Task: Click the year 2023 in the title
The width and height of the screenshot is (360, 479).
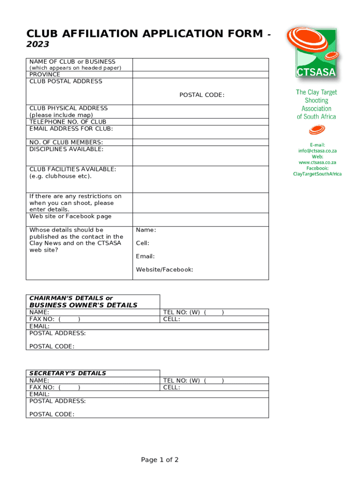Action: pyautogui.click(x=38, y=44)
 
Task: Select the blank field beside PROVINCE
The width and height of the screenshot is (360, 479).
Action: pyautogui.click(x=201, y=74)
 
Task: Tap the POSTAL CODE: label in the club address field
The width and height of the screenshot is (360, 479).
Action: pyautogui.click(x=202, y=95)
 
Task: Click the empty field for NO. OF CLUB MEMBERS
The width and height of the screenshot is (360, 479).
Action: pyautogui.click(x=201, y=142)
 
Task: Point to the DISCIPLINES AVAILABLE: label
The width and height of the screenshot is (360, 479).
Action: pyautogui.click(x=66, y=149)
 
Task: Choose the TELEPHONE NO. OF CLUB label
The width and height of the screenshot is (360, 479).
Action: pyautogui.click(x=68, y=122)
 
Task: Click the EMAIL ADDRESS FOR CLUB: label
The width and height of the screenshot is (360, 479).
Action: pyautogui.click(x=71, y=129)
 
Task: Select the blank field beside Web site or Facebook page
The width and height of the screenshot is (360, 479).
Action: pyautogui.click(x=201, y=219)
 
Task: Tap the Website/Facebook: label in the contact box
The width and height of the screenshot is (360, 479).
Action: pyautogui.click(x=164, y=269)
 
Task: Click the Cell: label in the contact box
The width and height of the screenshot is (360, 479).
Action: pyautogui.click(x=143, y=243)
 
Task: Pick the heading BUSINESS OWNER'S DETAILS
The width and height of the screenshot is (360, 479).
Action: pyautogui.click(x=83, y=305)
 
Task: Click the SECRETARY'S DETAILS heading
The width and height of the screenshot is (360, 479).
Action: pyautogui.click(x=67, y=373)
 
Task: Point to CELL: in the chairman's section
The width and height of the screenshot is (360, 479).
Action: pyautogui.click(x=171, y=319)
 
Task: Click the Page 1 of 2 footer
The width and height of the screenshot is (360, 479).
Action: pyautogui.click(x=160, y=460)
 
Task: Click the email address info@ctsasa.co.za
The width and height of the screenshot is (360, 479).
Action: pyautogui.click(x=317, y=151)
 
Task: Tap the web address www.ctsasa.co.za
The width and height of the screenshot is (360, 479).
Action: pyautogui.click(x=317, y=162)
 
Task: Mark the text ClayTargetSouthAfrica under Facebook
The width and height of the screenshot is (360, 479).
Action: pyautogui.click(x=317, y=174)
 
